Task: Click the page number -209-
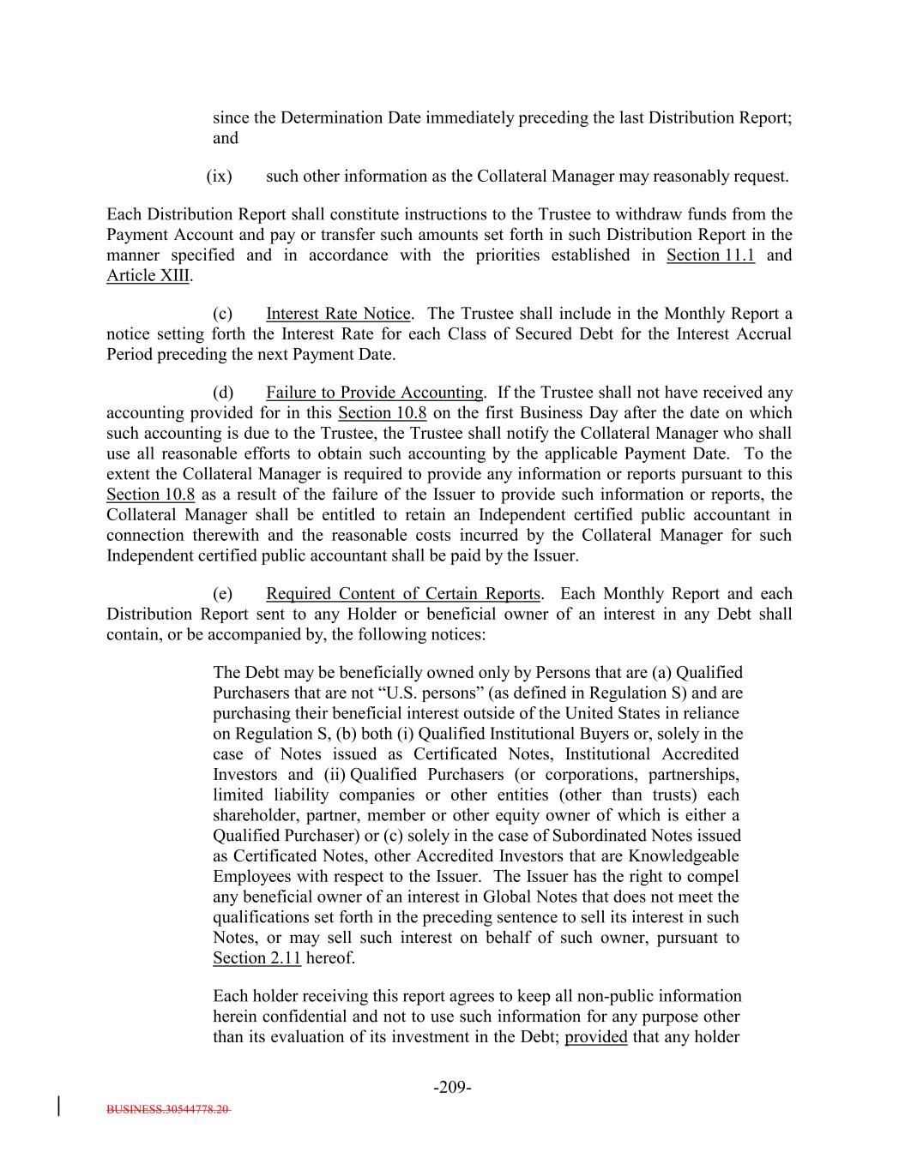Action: tap(452, 1088)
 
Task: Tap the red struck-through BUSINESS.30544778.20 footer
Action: tap(168, 1109)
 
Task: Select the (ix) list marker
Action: tap(220, 177)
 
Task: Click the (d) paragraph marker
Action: tap(223, 393)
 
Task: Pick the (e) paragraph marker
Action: tap(223, 594)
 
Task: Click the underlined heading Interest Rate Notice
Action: tap(338, 314)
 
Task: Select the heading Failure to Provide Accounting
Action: tap(374, 393)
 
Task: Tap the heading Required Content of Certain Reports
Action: tap(403, 594)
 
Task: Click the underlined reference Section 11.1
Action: tap(710, 255)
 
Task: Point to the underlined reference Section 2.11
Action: tap(256, 958)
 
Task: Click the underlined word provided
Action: tap(595, 1037)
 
